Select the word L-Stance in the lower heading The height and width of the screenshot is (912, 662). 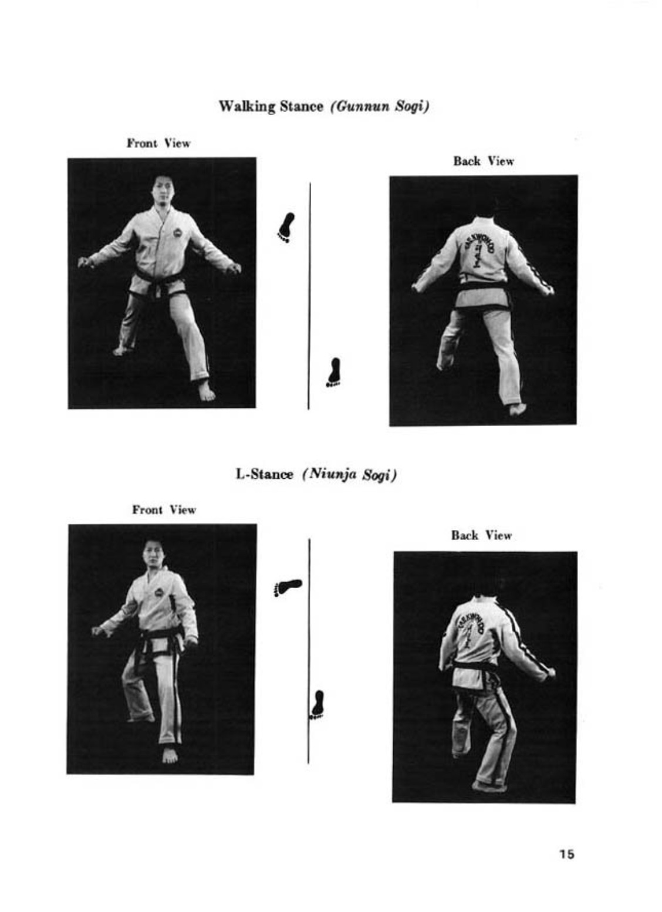265,474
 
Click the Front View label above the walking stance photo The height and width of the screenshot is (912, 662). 158,143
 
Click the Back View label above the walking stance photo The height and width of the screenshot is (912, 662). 484,161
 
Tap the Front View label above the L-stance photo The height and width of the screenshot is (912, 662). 164,510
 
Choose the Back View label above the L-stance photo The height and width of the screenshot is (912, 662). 481,535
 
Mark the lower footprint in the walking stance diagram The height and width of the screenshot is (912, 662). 335,372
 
